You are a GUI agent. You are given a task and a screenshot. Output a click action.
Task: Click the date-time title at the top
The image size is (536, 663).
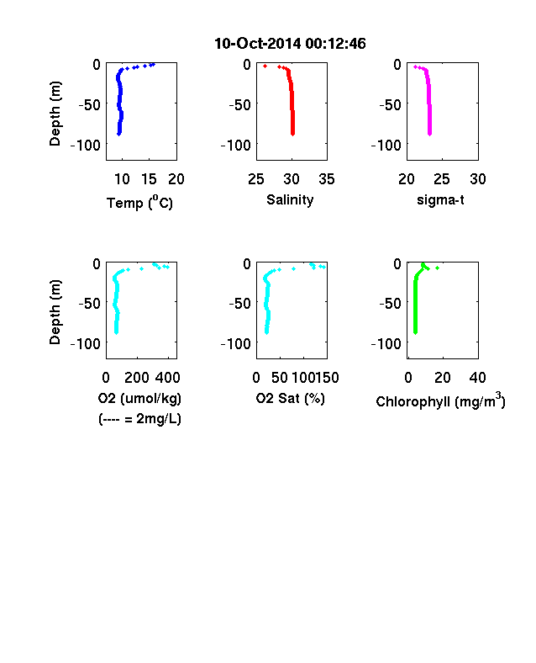click(290, 44)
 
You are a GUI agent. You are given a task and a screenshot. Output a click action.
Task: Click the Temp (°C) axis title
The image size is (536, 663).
click(139, 202)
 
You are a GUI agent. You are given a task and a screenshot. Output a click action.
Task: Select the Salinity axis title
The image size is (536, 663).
click(290, 199)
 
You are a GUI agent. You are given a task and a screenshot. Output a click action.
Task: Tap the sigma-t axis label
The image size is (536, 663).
click(440, 199)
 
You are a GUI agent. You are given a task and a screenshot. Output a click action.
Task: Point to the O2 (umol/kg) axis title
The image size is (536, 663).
click(139, 398)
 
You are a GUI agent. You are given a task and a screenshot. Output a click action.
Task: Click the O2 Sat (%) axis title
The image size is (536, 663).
click(291, 398)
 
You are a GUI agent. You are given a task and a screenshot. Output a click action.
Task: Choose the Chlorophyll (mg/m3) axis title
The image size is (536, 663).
click(440, 400)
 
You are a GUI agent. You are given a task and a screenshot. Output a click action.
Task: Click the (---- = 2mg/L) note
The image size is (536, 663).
click(139, 419)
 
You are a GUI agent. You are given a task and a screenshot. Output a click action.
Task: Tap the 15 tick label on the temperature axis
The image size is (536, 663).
click(149, 179)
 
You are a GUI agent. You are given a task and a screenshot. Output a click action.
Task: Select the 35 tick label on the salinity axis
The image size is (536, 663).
click(327, 179)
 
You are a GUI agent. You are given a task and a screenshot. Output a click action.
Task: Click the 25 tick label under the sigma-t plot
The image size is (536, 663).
click(442, 179)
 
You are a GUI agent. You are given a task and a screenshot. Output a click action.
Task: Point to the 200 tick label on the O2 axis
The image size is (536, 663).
click(137, 378)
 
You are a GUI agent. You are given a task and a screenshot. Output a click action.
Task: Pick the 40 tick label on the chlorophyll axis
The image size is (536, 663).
click(477, 378)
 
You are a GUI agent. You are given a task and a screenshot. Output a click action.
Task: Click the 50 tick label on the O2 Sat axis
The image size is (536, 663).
click(280, 378)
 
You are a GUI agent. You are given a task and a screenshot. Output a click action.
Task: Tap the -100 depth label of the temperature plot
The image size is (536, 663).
click(86, 146)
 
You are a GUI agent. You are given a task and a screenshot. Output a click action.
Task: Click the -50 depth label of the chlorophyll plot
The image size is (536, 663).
click(390, 303)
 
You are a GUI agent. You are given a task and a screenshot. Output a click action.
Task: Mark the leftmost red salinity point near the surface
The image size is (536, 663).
click(265, 66)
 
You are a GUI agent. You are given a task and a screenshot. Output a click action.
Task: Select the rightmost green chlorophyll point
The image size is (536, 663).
click(437, 268)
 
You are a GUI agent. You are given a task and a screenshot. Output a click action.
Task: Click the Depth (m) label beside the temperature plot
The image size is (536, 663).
click(55, 114)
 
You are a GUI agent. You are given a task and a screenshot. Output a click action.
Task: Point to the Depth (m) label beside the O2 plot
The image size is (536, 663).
click(55, 312)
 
